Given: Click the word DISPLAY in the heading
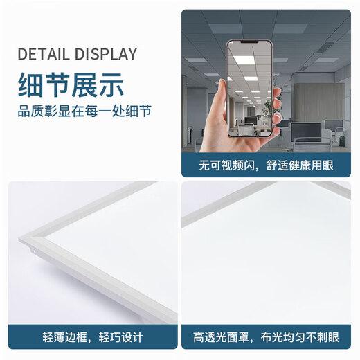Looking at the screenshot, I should click(x=104, y=55).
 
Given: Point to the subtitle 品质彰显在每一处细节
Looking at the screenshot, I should click(x=84, y=111).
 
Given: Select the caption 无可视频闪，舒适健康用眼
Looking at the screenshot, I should click(x=266, y=166).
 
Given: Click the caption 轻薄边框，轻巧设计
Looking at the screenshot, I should click(x=93, y=338).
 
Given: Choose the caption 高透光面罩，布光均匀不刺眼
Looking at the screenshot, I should click(x=266, y=338).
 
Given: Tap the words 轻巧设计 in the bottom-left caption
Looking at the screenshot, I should click(x=123, y=338).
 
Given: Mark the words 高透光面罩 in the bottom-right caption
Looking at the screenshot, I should click(x=220, y=338).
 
